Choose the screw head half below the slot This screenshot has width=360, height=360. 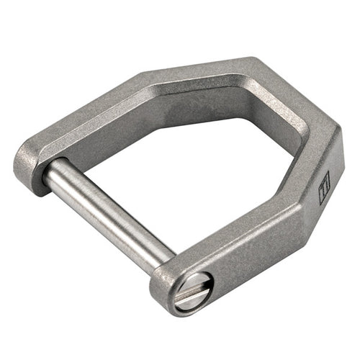(198, 298)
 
